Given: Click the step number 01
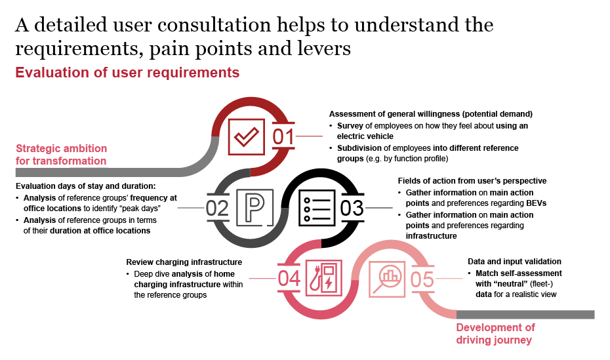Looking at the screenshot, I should [x=285, y=138].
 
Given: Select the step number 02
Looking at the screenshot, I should [x=217, y=209].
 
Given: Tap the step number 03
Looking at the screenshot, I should [x=352, y=208].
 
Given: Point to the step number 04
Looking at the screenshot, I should [x=289, y=279].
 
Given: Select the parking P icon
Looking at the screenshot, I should [x=251, y=208].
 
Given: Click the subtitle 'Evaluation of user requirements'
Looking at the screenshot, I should [x=127, y=72].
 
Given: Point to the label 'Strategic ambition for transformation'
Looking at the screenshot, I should [x=60, y=154].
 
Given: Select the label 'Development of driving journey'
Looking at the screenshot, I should [x=495, y=334].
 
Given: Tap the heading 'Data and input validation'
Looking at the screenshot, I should [x=514, y=261].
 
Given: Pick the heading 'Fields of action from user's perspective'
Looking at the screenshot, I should [x=472, y=180].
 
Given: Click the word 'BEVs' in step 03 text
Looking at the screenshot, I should [x=537, y=203].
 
